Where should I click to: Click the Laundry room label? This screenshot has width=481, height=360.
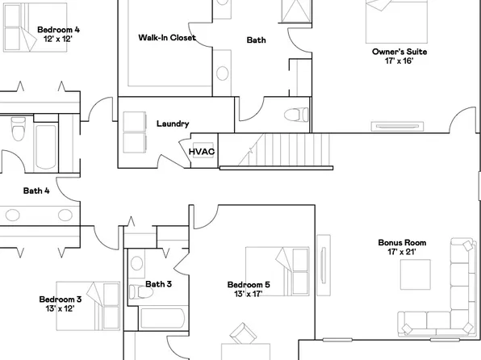click(x=173, y=123)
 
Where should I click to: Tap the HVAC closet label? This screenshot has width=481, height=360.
click(x=202, y=152)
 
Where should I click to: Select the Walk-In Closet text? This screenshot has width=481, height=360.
click(x=167, y=37)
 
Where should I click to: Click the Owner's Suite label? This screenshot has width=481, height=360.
click(x=399, y=52)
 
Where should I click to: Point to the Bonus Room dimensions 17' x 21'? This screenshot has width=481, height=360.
click(x=402, y=252)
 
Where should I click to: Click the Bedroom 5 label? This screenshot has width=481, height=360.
click(x=249, y=284)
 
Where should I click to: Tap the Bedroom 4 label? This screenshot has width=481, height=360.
click(x=58, y=30)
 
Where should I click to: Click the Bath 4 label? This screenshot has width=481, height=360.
click(x=36, y=191)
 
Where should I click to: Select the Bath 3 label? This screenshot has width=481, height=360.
click(x=159, y=284)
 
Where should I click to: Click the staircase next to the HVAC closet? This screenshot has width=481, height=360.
click(x=278, y=149)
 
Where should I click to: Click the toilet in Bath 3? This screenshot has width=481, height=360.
click(x=137, y=264)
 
